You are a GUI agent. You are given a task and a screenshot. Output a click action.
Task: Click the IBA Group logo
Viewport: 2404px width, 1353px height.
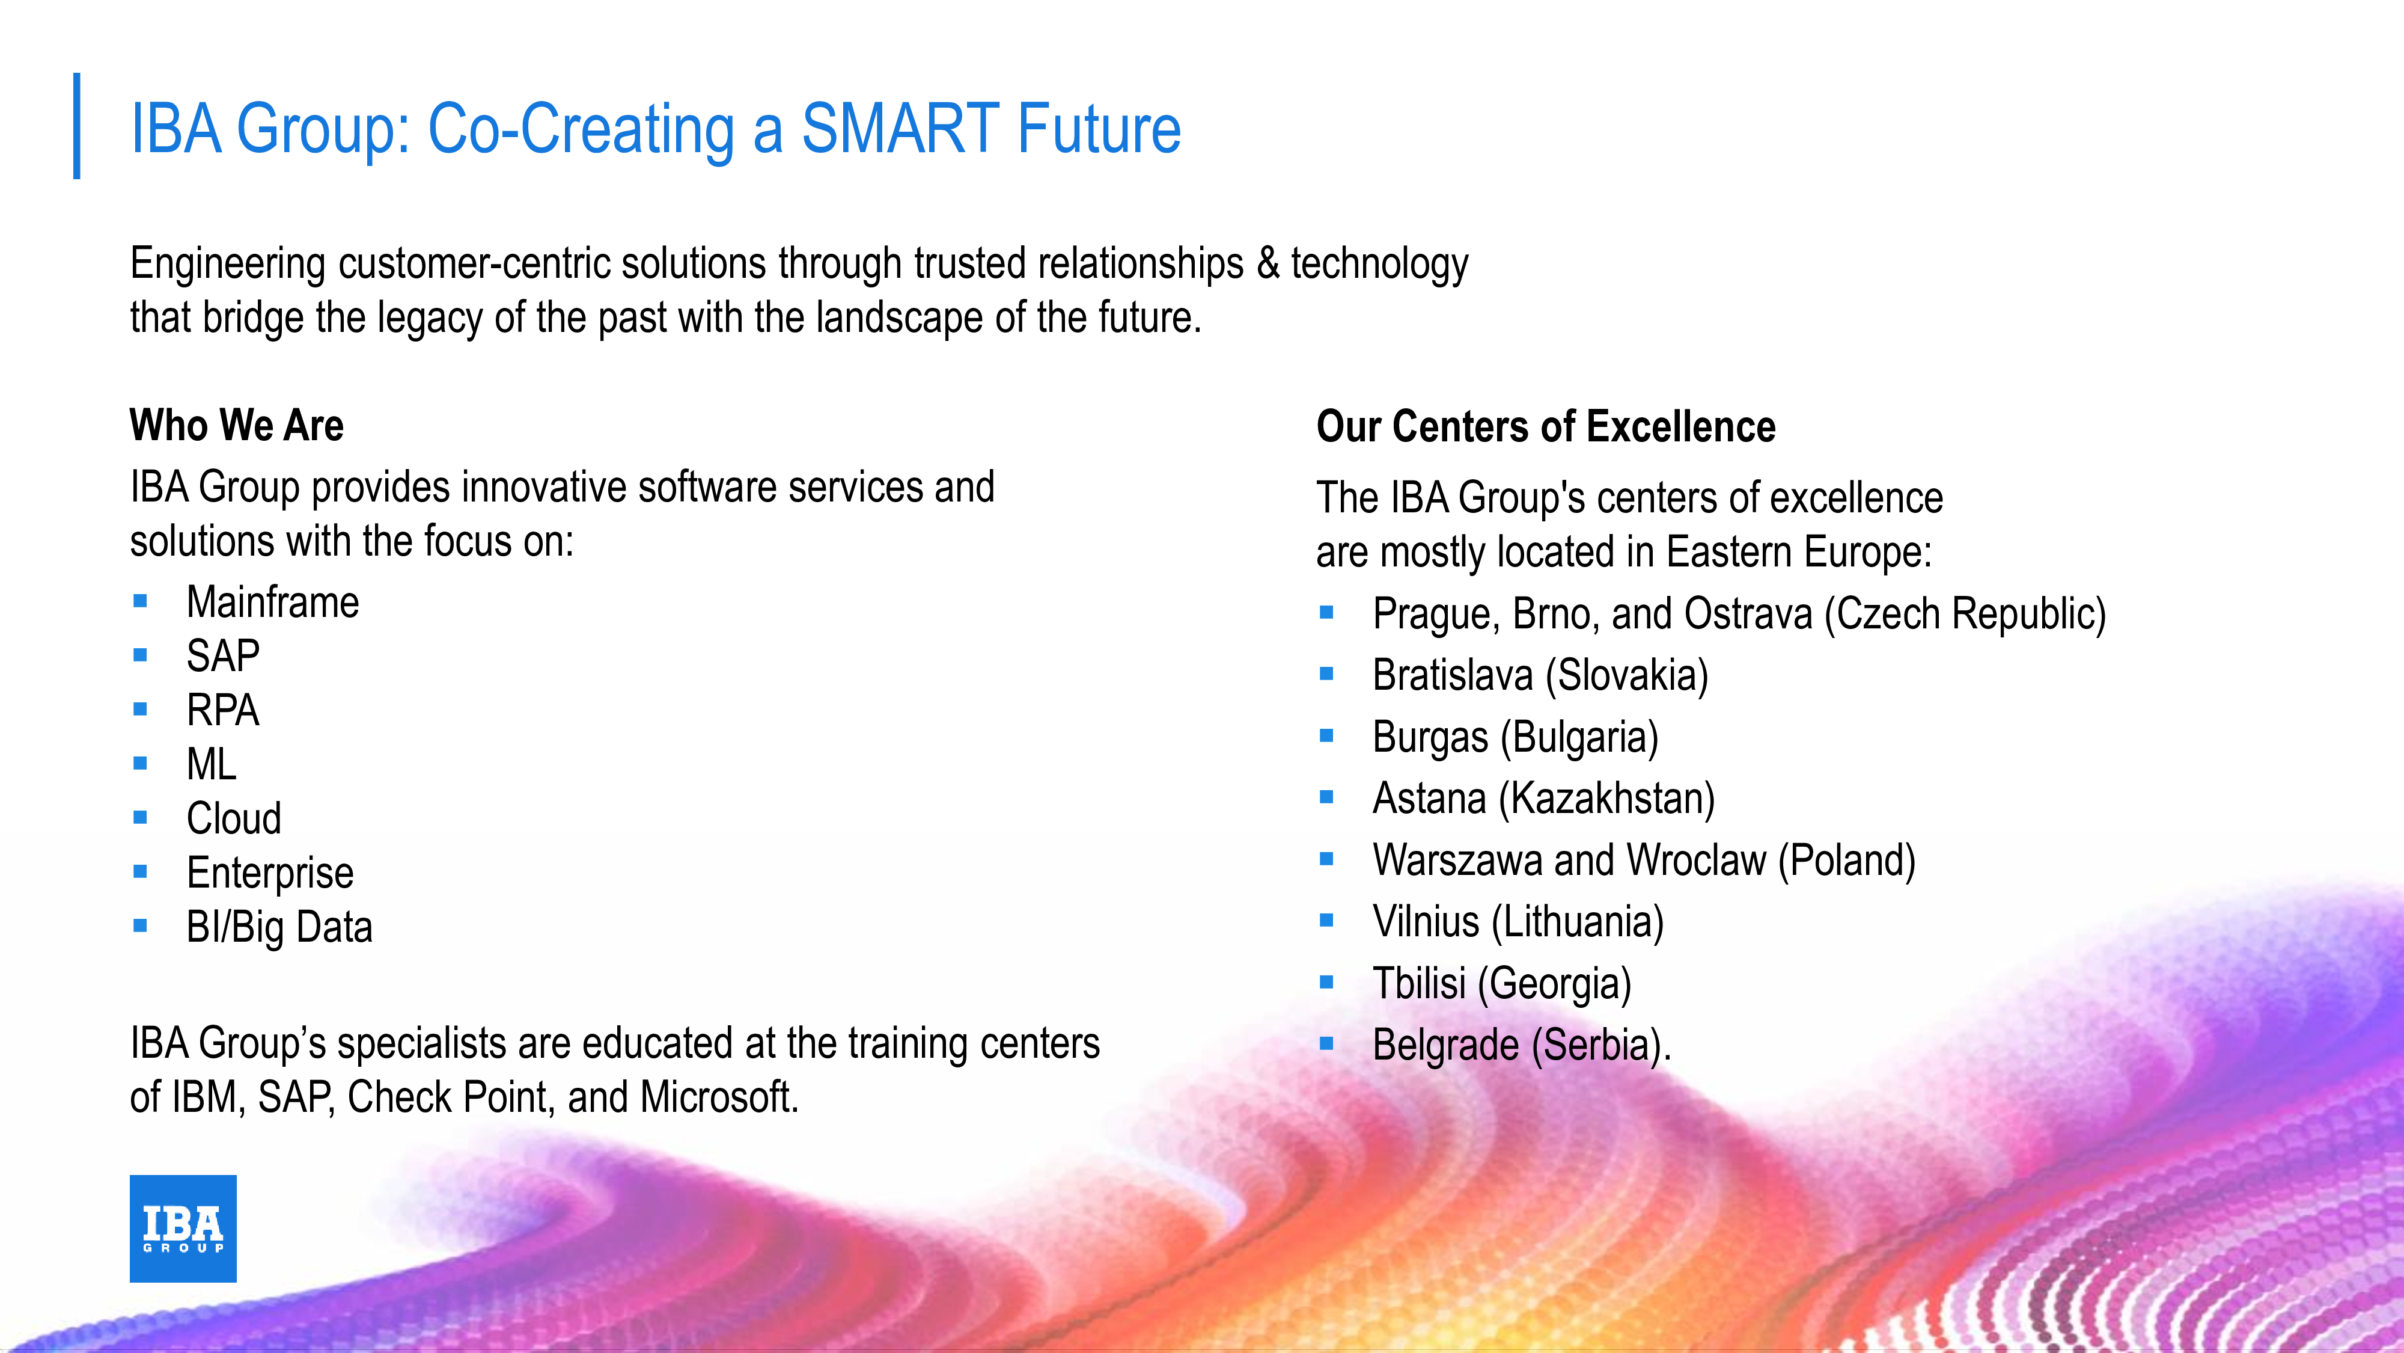pos(183,1228)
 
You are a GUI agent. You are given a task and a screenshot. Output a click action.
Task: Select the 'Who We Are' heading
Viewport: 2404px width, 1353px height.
pos(237,425)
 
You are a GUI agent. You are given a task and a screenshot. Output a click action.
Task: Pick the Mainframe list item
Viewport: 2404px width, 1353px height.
pos(272,603)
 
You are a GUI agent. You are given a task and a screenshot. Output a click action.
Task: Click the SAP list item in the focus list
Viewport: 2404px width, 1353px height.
pos(223,655)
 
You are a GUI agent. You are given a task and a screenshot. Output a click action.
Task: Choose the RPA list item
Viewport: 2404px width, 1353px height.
pos(223,710)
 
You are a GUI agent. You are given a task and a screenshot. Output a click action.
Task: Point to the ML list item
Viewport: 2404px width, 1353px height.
pos(212,764)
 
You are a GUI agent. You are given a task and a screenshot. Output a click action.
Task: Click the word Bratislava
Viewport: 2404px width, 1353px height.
pos(1454,675)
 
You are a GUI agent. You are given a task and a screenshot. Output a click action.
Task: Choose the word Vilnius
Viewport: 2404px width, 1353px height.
pos(1426,922)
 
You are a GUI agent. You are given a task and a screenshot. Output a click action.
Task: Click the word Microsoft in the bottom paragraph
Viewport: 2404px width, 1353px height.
pos(719,1097)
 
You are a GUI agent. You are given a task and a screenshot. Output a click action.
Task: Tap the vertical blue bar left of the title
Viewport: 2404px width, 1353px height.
pos(76,126)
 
